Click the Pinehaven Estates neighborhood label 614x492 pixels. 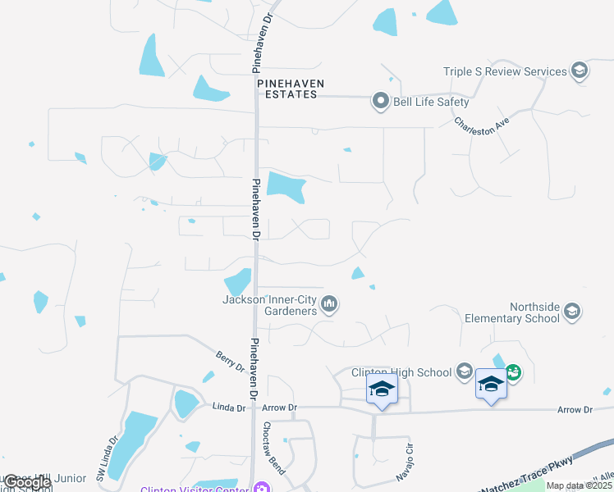click(x=290, y=89)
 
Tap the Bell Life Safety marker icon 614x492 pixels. click(x=380, y=102)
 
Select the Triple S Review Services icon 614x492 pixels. click(x=580, y=71)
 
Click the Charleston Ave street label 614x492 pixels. click(x=483, y=124)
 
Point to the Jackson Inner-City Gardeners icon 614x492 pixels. click(x=330, y=305)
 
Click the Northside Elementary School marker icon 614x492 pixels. click(x=572, y=312)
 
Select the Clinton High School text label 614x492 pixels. click(x=401, y=372)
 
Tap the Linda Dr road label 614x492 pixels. click(x=230, y=407)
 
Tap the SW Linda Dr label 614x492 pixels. click(x=103, y=462)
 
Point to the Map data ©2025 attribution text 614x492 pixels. click(x=579, y=485)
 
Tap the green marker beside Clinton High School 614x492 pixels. click(x=513, y=372)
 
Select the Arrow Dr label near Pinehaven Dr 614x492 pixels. click(x=281, y=407)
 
